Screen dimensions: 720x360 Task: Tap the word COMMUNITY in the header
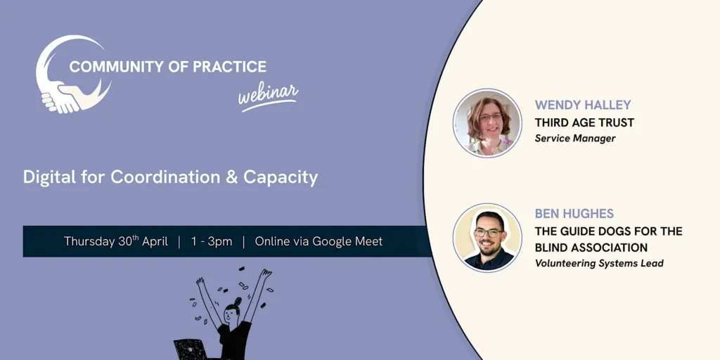(109, 67)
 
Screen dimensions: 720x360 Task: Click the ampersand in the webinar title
(231, 178)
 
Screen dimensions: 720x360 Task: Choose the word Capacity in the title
(281, 178)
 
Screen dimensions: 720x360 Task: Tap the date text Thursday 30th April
(116, 241)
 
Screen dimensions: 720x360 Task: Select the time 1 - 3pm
(212, 242)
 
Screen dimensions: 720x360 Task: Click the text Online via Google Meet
(319, 241)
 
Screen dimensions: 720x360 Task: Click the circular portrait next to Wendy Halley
(487, 123)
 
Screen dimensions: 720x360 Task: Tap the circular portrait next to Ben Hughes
(487, 238)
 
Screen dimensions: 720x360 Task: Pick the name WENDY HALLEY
(583, 105)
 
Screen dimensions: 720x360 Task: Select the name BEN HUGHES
(574, 214)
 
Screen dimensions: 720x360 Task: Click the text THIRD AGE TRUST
(584, 122)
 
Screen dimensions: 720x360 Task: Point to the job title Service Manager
(575, 139)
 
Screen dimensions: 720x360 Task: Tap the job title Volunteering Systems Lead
(599, 264)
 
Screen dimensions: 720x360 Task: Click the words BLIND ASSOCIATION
(591, 247)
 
